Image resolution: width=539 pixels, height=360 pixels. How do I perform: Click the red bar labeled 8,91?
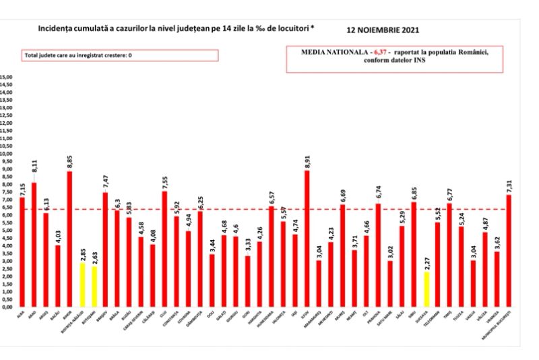point(307,239)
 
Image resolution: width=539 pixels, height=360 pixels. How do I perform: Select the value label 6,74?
point(378,193)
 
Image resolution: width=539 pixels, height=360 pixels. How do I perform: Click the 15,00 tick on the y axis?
point(7,77)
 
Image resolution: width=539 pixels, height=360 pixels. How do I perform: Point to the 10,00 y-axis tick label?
point(7,154)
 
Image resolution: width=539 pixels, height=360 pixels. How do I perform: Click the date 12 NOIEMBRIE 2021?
point(381,31)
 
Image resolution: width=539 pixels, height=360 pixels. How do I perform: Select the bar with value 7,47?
point(105,249)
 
